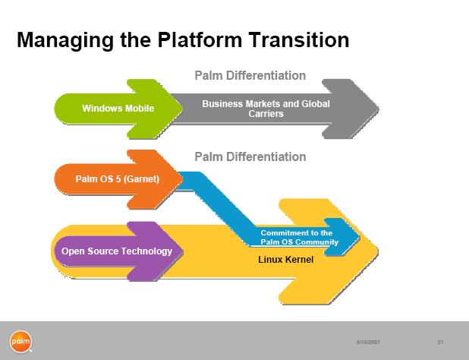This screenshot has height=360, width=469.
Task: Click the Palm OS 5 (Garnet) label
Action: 107,180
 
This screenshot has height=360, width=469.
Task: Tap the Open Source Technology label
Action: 116,251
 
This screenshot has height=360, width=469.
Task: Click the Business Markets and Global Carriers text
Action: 266,109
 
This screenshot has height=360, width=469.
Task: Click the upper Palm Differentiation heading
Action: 250,75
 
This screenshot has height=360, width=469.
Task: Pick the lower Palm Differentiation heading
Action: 250,156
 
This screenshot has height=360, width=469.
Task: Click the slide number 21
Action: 440,341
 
